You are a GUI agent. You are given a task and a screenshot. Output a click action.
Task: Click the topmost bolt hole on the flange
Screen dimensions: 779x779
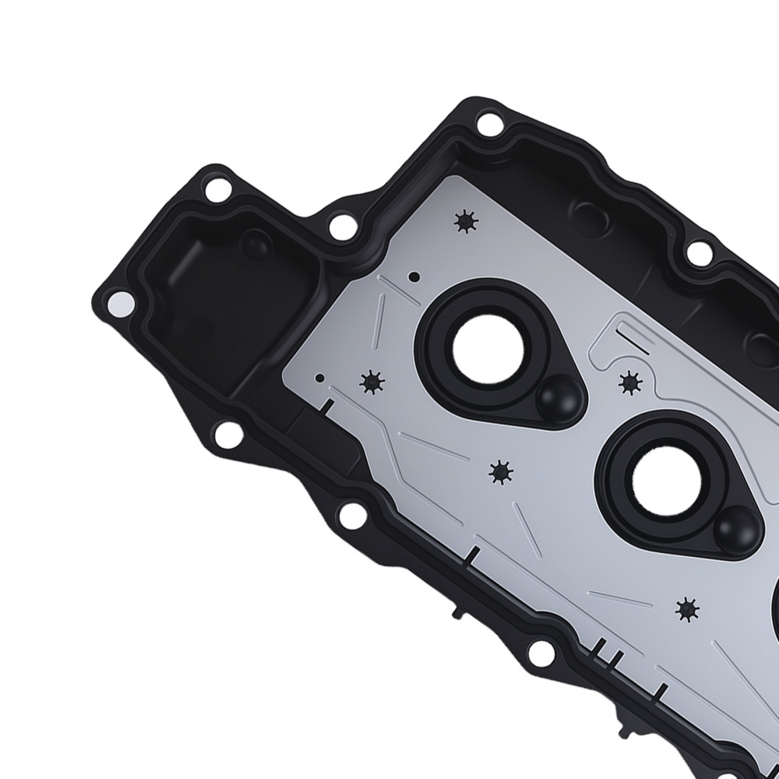(x=488, y=123)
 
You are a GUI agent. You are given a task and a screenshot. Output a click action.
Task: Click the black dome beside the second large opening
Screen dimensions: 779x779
(x=735, y=527)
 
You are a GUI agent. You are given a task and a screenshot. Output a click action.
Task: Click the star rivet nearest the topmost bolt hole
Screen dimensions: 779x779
(x=465, y=222)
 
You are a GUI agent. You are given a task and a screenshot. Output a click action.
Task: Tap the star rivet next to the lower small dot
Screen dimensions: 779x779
(x=372, y=381)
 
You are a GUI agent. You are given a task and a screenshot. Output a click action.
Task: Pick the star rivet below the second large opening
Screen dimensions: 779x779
(x=686, y=609)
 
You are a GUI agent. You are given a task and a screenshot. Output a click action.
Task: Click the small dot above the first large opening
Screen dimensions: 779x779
(x=414, y=276)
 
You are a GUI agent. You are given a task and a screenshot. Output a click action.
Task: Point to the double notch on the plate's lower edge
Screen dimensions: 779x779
(x=605, y=648)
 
